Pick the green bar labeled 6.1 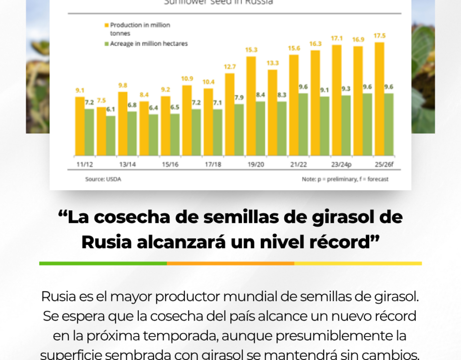click(x=110, y=136)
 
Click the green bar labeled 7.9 click(x=239, y=130)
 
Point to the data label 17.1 click(x=337, y=38)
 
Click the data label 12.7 click(x=230, y=67)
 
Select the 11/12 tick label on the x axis click(x=85, y=165)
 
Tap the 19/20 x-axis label click(x=255, y=165)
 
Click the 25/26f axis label click(x=384, y=165)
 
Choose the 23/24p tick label click(x=341, y=165)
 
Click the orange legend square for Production click(x=106, y=24)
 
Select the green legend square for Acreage click(x=106, y=44)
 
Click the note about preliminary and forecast click(x=345, y=179)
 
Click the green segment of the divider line click(x=103, y=263)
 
